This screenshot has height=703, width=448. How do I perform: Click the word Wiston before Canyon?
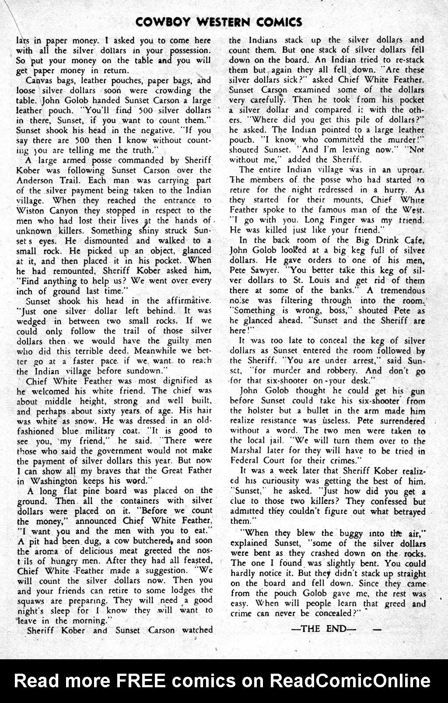tap(31, 210)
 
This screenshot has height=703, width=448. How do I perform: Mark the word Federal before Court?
tap(247, 461)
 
